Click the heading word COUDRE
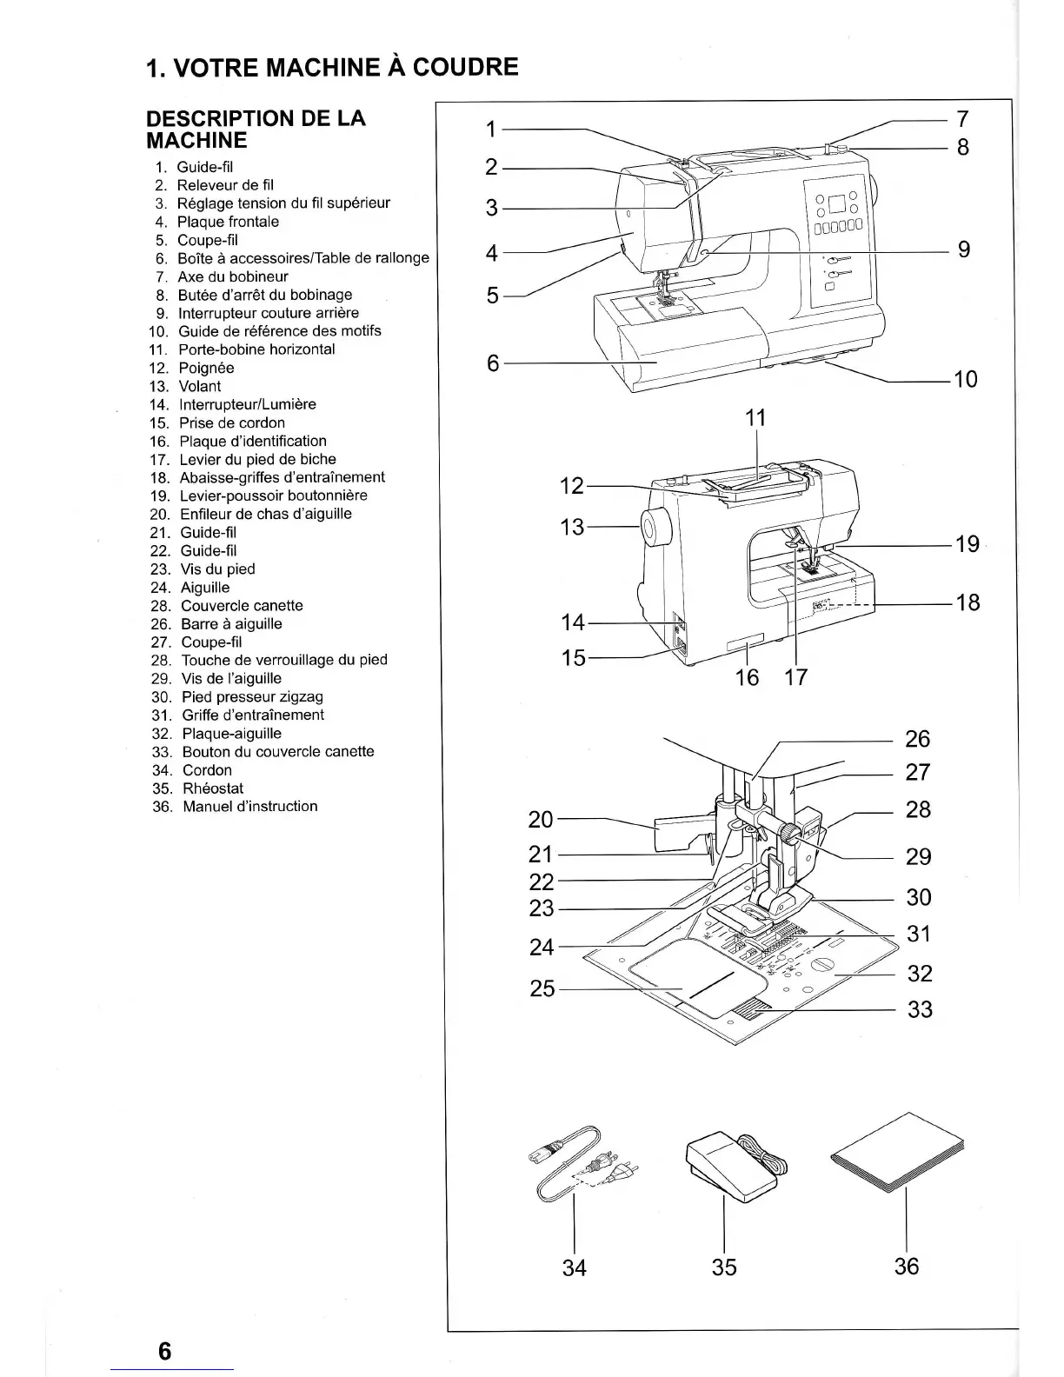(x=465, y=67)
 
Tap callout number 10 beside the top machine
(x=965, y=379)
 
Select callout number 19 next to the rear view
(x=967, y=544)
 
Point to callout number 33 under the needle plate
(x=920, y=1009)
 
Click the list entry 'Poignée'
(x=206, y=368)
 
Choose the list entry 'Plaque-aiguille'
(x=231, y=734)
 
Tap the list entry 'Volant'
(x=200, y=386)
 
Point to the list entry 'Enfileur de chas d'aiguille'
(x=266, y=514)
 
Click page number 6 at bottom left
(x=165, y=1352)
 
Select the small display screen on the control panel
(x=836, y=207)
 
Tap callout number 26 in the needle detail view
(x=917, y=739)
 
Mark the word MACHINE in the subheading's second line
(x=197, y=141)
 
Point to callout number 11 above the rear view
(x=756, y=418)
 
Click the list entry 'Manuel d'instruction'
(x=249, y=807)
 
